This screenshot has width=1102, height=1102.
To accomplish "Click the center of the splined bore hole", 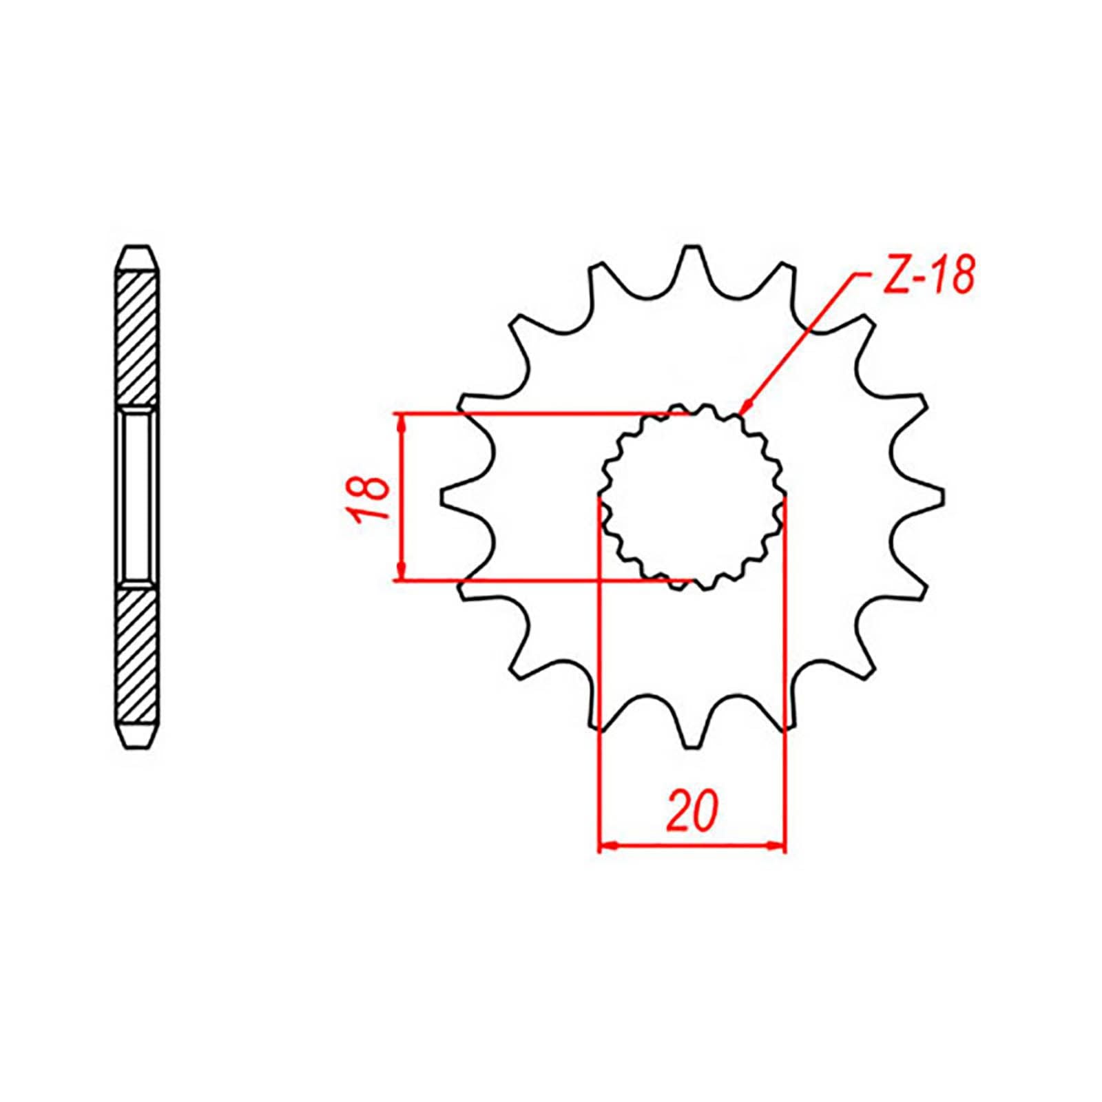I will pos(692,497).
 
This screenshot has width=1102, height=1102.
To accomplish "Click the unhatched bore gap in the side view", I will pos(138,497).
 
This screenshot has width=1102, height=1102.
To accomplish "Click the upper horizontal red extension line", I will pos(537,414).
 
